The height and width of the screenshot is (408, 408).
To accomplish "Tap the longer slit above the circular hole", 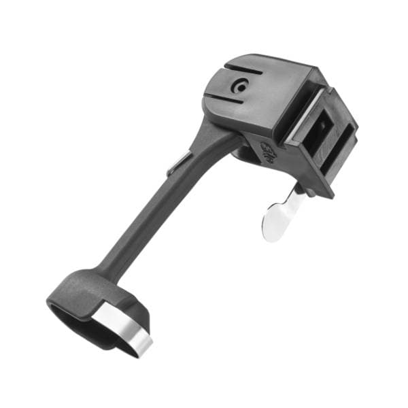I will (x=243, y=69).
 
